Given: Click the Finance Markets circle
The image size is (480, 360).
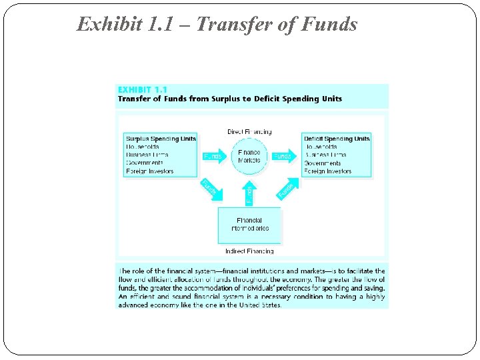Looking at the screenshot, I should [x=249, y=156].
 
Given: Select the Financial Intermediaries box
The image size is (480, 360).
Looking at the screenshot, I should [x=250, y=225].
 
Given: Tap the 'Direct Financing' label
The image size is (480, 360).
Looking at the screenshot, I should [x=249, y=132].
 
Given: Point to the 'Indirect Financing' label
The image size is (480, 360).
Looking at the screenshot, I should [x=249, y=251].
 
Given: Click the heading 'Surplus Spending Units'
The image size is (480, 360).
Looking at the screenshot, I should [x=161, y=139].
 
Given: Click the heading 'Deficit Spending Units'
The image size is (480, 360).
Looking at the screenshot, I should [x=337, y=139].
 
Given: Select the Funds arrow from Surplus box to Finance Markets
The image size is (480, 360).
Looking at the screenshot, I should [x=213, y=157].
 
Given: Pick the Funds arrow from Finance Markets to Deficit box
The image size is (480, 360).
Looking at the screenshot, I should [x=283, y=157].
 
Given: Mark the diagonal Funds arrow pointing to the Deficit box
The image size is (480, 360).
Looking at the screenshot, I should [x=287, y=189].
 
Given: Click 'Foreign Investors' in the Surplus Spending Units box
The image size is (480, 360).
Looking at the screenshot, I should [x=149, y=171].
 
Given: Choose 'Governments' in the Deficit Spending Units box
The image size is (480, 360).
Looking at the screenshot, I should [x=323, y=163].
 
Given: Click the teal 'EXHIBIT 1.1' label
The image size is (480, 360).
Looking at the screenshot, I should [x=142, y=89].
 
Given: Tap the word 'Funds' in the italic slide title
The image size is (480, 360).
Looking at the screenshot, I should [x=329, y=25].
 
